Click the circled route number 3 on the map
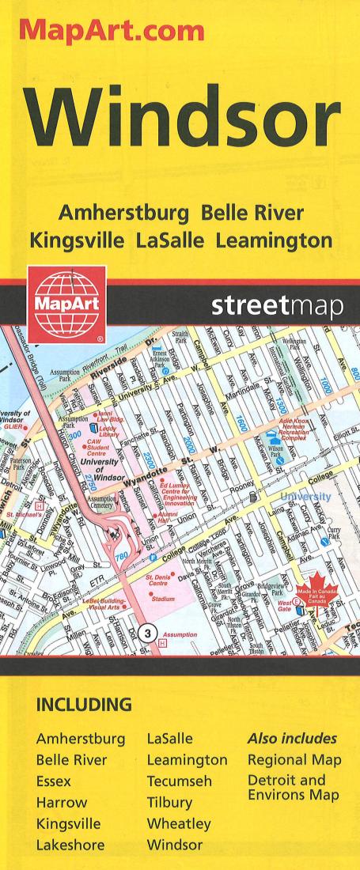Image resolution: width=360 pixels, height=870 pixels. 146,631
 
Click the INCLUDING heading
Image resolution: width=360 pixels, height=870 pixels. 84,703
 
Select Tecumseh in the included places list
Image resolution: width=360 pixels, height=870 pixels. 182,781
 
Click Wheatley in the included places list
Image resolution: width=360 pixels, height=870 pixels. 179,823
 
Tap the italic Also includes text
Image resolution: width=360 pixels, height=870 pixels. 292,739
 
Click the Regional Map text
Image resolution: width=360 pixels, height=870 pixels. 294,759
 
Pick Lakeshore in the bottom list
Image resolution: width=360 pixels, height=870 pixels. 70,845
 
